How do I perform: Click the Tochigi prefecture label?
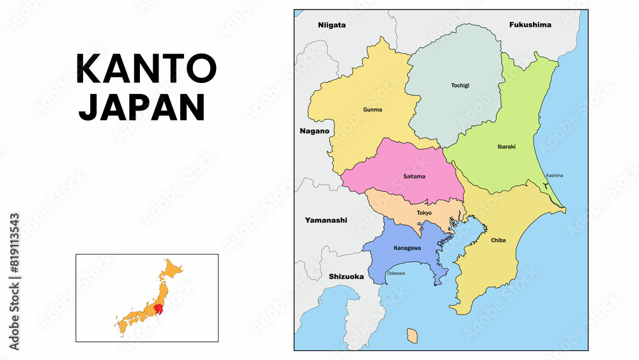point(459,85)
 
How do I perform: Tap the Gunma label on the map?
point(373,109)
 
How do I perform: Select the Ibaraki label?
point(506,146)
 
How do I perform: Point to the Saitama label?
point(414,176)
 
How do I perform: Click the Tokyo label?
point(424,212)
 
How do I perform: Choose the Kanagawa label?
point(407,247)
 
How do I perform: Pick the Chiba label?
point(498,240)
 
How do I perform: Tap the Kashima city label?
point(554,175)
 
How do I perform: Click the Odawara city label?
point(396,273)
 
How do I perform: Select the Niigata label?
point(332,25)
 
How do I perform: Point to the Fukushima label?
point(530,25)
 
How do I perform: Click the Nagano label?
point(314,131)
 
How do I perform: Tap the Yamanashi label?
point(326,220)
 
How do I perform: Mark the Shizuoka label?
point(346,277)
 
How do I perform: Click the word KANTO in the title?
point(146,69)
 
